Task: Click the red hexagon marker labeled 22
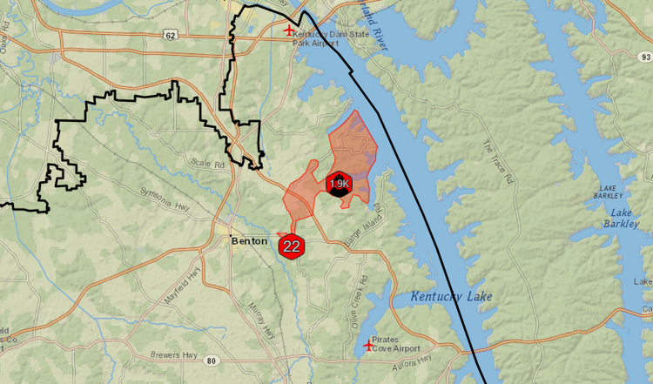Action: click(292, 246)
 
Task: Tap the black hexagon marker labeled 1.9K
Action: click(339, 184)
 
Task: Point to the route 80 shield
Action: click(211, 360)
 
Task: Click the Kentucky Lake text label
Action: click(451, 297)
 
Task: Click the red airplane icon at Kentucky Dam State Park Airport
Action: click(290, 30)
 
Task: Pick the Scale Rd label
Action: click(208, 163)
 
